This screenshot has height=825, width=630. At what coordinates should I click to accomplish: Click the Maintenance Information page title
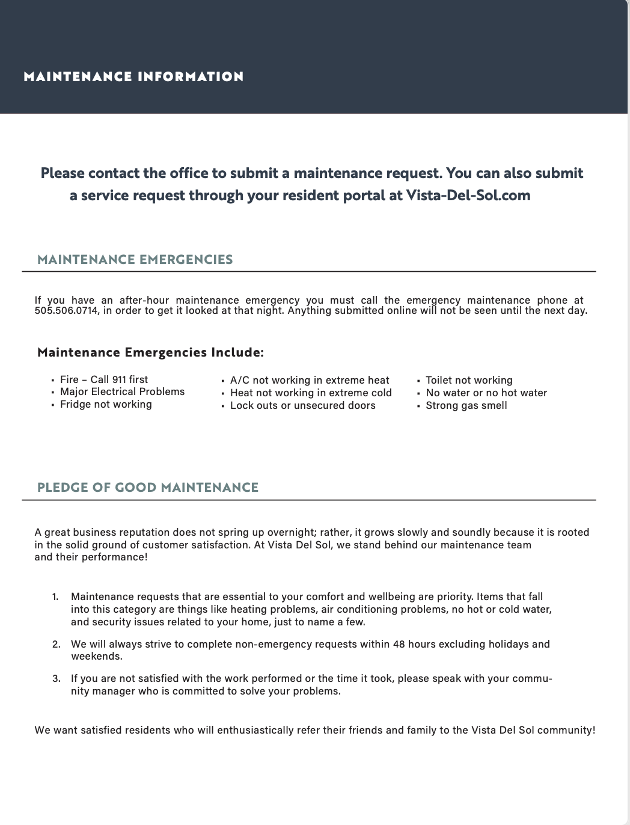click(133, 77)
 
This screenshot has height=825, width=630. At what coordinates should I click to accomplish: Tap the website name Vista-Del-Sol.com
click(468, 195)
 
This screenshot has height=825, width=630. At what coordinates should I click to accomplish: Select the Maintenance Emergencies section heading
click(135, 260)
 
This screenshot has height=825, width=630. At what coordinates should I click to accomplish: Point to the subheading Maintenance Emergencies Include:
click(150, 352)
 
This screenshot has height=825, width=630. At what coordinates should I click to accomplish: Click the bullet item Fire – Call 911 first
click(104, 379)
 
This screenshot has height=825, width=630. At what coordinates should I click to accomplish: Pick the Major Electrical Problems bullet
click(123, 391)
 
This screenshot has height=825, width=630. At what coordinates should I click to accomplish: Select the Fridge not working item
click(106, 404)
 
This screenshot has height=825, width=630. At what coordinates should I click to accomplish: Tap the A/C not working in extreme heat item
click(310, 380)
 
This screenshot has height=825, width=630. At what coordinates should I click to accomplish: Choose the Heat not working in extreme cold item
click(311, 393)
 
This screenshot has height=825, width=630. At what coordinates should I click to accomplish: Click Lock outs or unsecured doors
click(303, 405)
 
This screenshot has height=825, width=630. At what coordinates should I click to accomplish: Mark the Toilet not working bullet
click(469, 380)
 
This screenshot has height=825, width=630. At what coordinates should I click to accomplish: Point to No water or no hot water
click(486, 393)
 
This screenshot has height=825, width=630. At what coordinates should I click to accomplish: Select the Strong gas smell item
click(466, 405)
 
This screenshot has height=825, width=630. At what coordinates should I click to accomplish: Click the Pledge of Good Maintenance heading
click(148, 488)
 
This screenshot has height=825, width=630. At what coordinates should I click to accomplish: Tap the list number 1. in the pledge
click(55, 597)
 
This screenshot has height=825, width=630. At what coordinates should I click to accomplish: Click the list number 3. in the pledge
click(56, 679)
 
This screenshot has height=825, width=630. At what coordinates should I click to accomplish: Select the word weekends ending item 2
click(96, 657)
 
